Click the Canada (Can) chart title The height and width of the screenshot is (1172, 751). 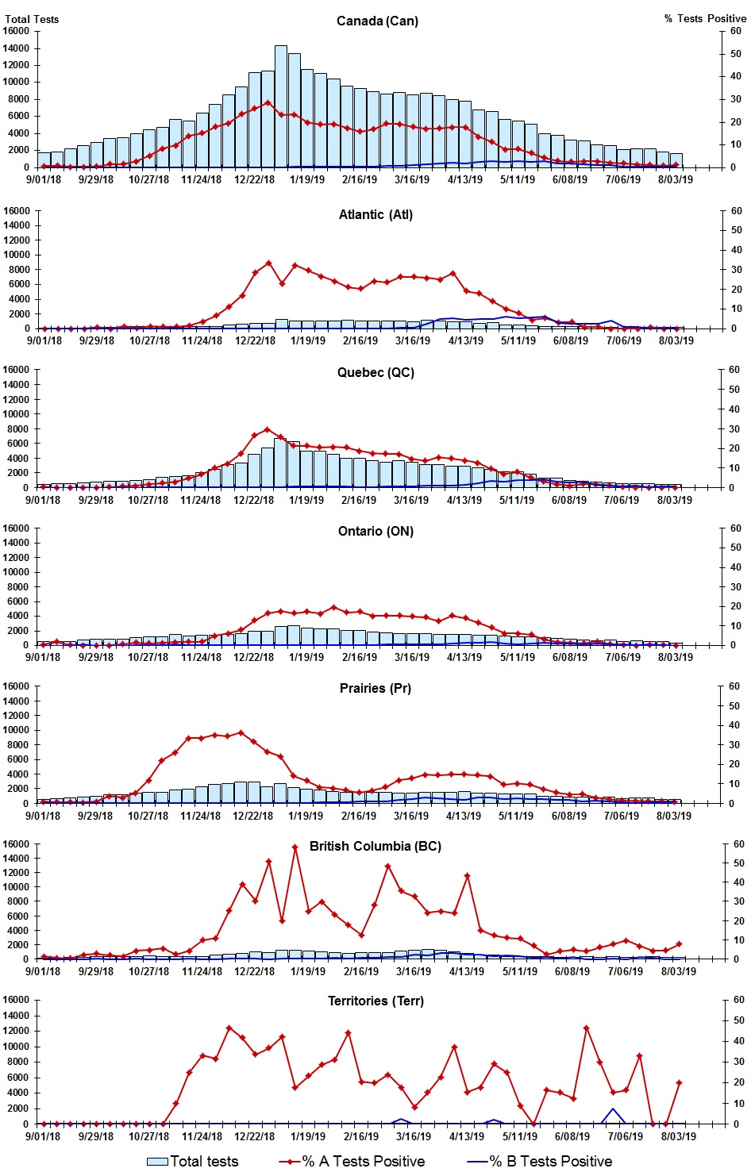[377, 21]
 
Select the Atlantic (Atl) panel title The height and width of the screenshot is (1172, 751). [375, 214]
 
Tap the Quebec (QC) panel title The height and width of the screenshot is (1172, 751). [375, 372]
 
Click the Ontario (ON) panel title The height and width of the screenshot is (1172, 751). [375, 531]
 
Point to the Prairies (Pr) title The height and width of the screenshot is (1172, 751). [375, 688]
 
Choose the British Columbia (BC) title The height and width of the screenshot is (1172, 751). [375, 846]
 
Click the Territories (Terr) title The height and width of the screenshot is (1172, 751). [375, 1001]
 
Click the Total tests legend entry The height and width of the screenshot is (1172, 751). [193, 1161]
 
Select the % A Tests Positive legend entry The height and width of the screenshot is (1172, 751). [352, 1161]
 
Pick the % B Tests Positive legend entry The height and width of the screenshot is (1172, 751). [540, 1161]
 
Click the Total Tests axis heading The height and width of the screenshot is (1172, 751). [32, 19]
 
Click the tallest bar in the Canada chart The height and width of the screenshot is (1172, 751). [281, 106]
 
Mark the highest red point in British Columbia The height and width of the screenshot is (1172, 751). [295, 847]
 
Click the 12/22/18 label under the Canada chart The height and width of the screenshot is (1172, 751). [254, 179]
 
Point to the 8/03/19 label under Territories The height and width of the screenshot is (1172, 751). [678, 1136]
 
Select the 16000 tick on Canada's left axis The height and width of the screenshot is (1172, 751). [17, 31]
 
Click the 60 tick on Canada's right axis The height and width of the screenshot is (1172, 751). [735, 31]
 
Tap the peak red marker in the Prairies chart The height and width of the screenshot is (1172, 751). [241, 732]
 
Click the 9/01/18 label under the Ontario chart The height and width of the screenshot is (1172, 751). [44, 657]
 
